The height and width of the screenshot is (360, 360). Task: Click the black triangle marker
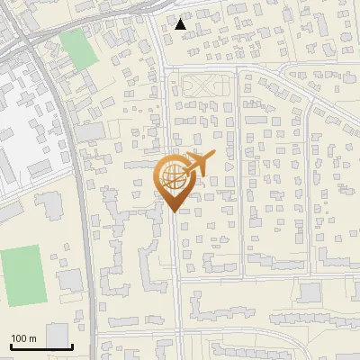click(x=181, y=24)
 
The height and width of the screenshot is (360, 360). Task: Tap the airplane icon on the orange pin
click(x=197, y=165)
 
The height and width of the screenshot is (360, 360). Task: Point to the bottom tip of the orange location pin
click(x=173, y=211)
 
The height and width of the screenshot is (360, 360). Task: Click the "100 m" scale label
click(x=22, y=338)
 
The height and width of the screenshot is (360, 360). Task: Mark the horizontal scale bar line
click(x=40, y=346)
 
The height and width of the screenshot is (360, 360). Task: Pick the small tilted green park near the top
click(x=79, y=49)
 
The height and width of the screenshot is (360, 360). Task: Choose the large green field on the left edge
click(x=23, y=274)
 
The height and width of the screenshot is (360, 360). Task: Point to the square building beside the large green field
click(x=69, y=280)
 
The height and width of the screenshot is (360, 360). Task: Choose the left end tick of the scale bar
click(x=10, y=345)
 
